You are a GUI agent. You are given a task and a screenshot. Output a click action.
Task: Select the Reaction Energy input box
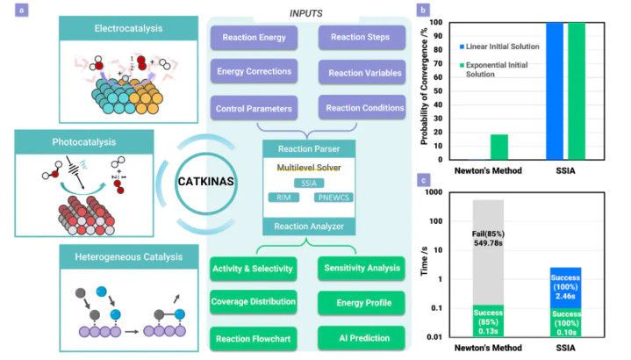click(x=254, y=39)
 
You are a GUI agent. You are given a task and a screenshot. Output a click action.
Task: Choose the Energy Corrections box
click(x=254, y=72)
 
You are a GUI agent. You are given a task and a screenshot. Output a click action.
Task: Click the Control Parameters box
click(x=254, y=108)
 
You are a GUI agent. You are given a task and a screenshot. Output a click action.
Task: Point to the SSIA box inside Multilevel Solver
click(x=307, y=183)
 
